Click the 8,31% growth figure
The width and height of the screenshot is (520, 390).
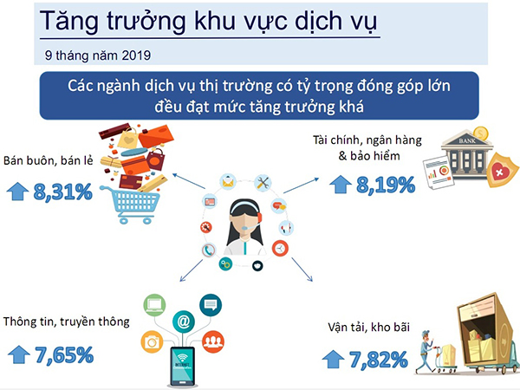click(x=62, y=192)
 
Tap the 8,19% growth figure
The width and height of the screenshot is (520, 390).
click(x=386, y=185)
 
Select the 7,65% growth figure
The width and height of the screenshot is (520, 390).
click(x=64, y=355)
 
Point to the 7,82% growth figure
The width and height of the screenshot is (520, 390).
click(x=379, y=360)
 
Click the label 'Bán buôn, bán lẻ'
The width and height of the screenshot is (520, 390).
click(x=48, y=161)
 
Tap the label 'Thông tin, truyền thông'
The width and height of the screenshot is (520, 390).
click(x=67, y=322)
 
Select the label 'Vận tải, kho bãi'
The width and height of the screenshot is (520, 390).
click(x=369, y=328)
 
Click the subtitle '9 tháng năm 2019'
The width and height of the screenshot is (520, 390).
click(x=98, y=55)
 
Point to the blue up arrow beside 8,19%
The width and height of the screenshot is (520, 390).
click(x=341, y=184)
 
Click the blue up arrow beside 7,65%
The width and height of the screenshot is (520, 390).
click(x=19, y=354)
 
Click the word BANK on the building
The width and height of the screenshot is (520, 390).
click(x=467, y=141)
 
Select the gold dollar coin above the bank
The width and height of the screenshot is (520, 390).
click(x=480, y=133)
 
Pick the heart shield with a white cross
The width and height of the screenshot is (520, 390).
click(x=500, y=170)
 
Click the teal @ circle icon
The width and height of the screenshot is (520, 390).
click(x=184, y=321)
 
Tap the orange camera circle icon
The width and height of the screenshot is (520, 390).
click(x=153, y=342)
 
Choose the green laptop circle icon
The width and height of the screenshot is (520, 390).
click(x=154, y=305)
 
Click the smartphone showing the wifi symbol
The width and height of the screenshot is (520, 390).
click(x=182, y=367)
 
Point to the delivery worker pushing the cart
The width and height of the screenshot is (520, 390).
click(x=426, y=352)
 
